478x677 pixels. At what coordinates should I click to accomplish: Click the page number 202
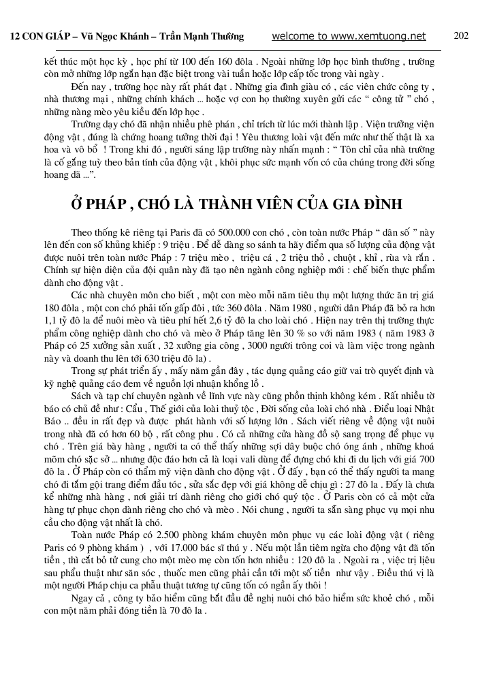(461, 36)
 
